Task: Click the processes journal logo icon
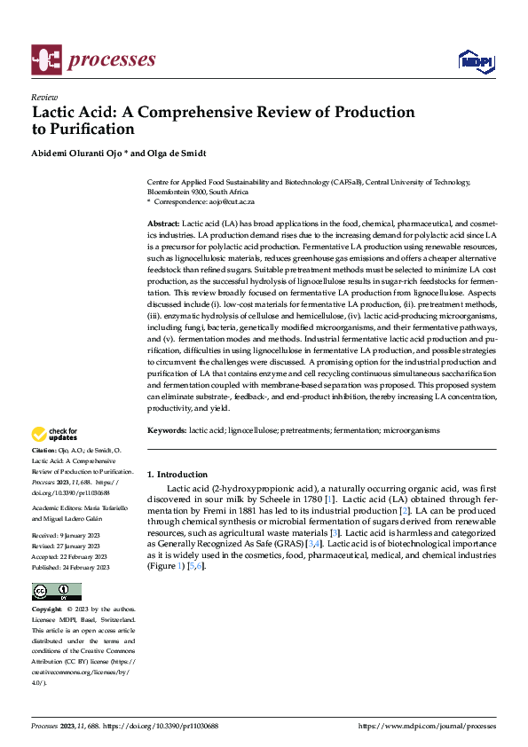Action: pos(45,59)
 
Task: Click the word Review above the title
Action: pos(44,98)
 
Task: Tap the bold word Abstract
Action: pos(162,223)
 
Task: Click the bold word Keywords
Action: pos(166,429)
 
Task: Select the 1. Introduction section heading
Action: pos(177,475)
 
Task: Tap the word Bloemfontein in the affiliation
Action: pos(171,191)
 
